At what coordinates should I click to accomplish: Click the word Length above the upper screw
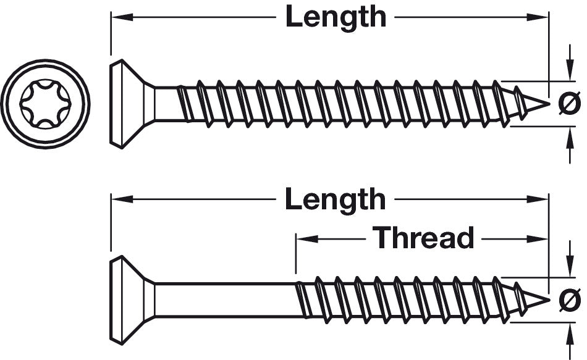(336, 17)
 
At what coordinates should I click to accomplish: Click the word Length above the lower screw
(336, 199)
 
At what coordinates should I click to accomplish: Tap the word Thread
(423, 237)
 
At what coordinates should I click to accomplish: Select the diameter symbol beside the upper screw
(569, 103)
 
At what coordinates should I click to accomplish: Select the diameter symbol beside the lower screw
(569, 301)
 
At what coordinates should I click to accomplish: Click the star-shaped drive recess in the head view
(44, 104)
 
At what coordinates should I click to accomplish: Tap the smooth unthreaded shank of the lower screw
(226, 301)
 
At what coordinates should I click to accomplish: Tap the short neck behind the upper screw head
(164, 104)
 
